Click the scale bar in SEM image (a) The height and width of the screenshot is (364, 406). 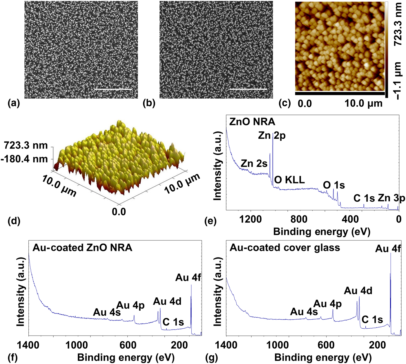tap(113, 89)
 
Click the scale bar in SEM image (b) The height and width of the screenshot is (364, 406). tap(248, 89)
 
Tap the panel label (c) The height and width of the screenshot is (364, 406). tap(284, 104)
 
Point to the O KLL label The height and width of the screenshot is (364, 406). tap(289, 180)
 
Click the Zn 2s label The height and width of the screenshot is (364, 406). tap(254, 164)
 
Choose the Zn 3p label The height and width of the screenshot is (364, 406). tap(391, 198)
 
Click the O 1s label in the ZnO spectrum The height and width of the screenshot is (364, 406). tap(334, 185)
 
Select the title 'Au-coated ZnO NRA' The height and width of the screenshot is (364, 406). tap(82, 247)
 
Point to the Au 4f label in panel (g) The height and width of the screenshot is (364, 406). tap(388, 249)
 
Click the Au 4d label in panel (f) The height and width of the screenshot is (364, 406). tap(167, 301)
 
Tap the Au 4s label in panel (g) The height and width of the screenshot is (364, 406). tap(304, 312)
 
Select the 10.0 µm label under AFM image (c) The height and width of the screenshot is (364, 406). tap(364, 103)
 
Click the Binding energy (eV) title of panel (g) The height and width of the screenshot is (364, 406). tap(323, 357)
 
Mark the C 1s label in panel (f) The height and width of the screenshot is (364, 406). tap(173, 322)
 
